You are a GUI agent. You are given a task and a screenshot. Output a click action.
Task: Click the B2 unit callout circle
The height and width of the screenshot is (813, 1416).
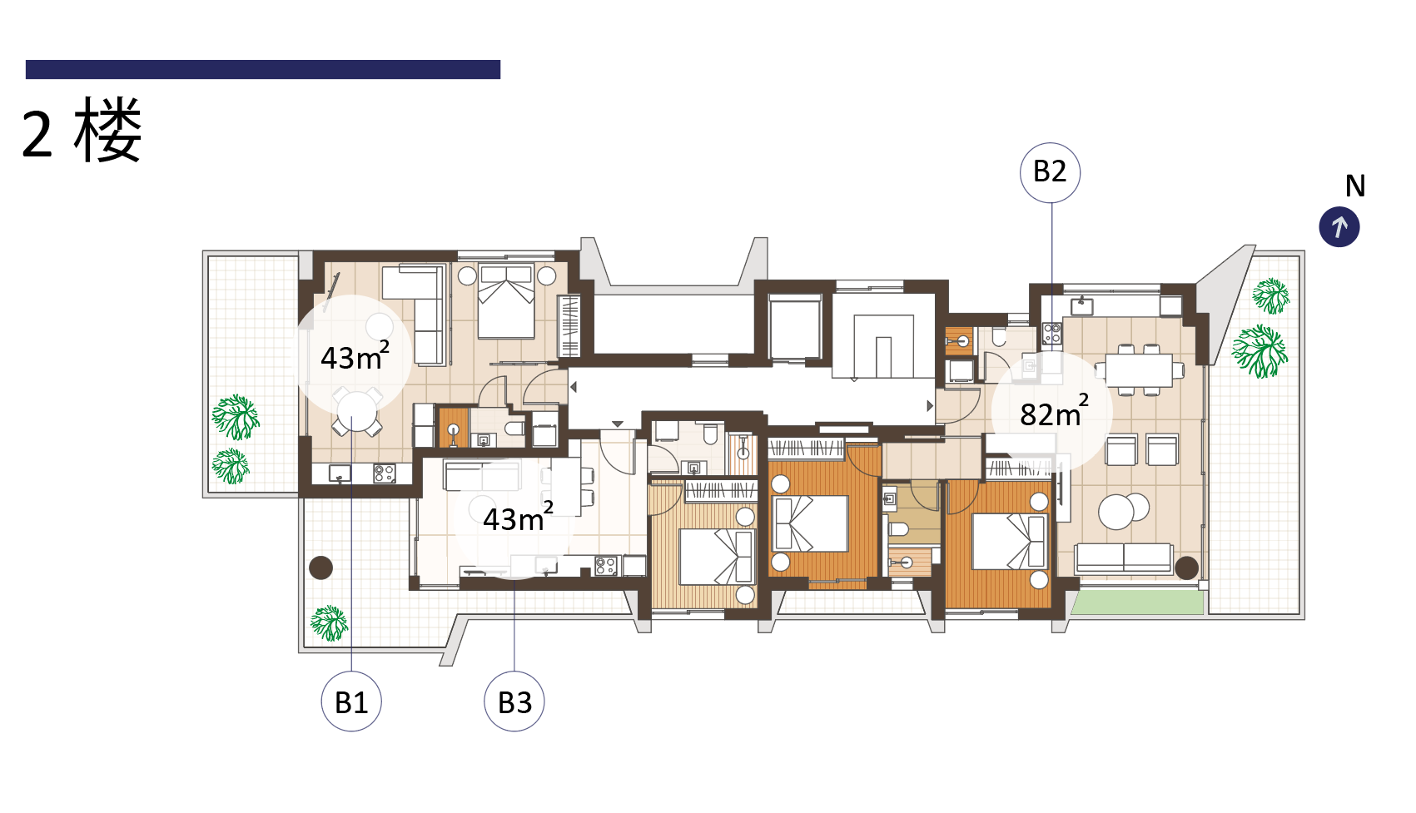click(1050, 172)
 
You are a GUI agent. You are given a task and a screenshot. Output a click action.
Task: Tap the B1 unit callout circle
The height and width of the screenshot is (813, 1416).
click(350, 701)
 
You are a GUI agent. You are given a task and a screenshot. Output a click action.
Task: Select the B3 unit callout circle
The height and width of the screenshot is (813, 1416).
click(514, 701)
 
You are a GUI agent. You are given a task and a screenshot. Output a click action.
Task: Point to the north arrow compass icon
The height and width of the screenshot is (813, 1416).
click(1339, 227)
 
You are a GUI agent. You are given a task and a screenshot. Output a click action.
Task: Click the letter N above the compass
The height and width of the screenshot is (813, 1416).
click(1354, 186)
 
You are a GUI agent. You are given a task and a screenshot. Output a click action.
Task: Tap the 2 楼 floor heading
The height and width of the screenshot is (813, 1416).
click(81, 131)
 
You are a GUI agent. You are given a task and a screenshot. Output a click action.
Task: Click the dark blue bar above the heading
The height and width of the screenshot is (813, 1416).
click(263, 70)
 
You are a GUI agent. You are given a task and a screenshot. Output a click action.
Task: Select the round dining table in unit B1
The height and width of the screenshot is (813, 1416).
click(356, 411)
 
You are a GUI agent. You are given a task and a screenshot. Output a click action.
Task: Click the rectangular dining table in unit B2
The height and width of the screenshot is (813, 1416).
click(1139, 369)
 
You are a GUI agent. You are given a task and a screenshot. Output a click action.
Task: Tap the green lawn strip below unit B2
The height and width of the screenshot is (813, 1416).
click(1137, 602)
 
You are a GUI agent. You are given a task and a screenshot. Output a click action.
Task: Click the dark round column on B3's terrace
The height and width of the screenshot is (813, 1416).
click(321, 568)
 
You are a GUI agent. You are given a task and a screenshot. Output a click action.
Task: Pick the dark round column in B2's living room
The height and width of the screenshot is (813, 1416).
click(1186, 568)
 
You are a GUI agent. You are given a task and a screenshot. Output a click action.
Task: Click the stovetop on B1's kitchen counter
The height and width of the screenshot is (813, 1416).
click(385, 473)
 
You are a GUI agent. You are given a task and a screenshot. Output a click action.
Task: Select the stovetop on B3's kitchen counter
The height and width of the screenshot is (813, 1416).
click(605, 565)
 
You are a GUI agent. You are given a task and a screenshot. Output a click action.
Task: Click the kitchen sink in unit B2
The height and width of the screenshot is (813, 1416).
click(1081, 306)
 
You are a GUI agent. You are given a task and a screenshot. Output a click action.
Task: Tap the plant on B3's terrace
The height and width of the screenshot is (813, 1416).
click(329, 623)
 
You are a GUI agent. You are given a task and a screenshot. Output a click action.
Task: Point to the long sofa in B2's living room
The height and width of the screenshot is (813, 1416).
click(1124, 558)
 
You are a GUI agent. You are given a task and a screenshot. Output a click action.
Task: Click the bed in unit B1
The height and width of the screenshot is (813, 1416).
click(506, 301)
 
